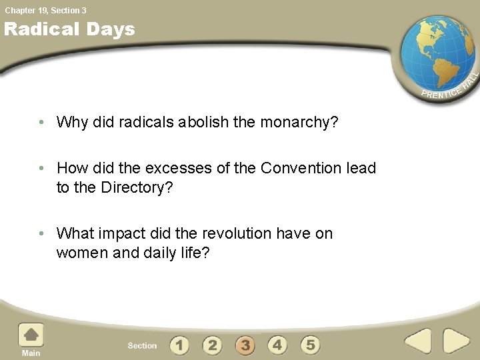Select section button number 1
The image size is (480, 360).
179,345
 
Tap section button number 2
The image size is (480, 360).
212,345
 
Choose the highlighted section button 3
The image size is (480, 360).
245,345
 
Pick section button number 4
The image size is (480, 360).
277,345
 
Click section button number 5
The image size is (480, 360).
310,345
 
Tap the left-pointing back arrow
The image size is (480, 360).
418,341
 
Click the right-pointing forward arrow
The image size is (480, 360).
457,341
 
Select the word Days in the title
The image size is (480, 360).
111,29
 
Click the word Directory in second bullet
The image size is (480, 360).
135,188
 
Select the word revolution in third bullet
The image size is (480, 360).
237,233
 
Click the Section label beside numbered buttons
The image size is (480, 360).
142,345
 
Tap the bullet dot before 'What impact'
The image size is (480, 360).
41,234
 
